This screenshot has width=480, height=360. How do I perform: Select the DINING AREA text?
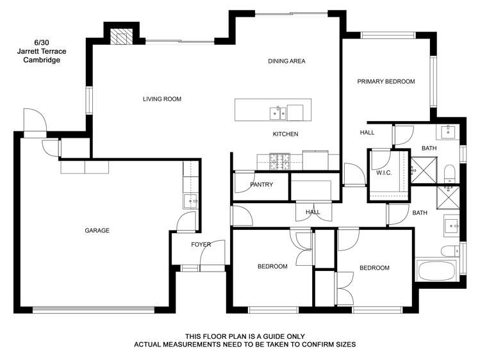tap(286, 61)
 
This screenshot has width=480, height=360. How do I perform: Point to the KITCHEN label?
tap(285, 134)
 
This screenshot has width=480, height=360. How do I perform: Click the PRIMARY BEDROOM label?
tap(386, 81)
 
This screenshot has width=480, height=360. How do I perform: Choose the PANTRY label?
tap(261, 185)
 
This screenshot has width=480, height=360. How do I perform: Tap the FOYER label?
tap(201, 245)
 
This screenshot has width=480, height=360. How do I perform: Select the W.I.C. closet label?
tap(383, 172)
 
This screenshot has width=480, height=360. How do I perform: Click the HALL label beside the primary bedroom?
tap(367, 133)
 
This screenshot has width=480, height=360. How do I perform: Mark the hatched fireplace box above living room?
tap(120, 37)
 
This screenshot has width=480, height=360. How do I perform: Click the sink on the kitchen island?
tap(278, 113)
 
